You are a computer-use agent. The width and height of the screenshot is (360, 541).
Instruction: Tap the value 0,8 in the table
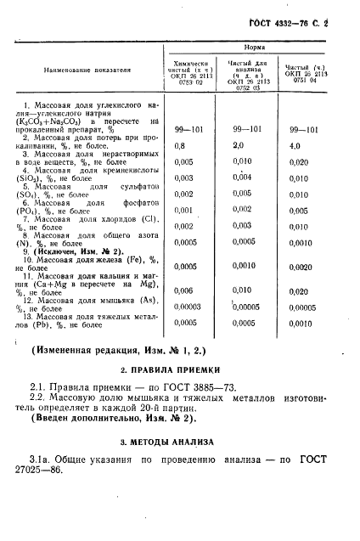pos(178,146)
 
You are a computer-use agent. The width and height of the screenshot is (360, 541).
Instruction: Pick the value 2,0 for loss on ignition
pos(239,146)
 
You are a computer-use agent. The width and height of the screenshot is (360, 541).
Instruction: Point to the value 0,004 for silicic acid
pos(242,178)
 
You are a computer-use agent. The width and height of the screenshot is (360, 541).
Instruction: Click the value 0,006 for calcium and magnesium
pos(183,291)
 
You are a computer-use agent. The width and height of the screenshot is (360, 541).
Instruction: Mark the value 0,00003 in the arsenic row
pos(188,307)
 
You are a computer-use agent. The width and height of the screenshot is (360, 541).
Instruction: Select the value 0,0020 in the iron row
pos(302,266)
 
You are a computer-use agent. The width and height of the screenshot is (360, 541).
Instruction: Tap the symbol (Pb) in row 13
pos(28,324)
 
